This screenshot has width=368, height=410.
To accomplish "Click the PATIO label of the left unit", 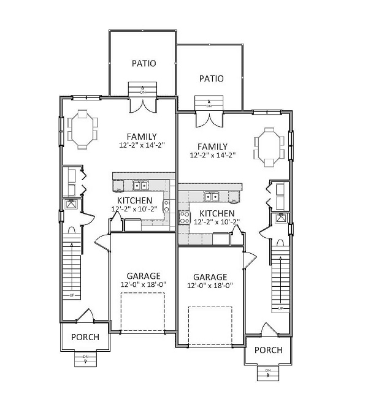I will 144,63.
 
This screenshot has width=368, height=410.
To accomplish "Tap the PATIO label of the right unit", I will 211,78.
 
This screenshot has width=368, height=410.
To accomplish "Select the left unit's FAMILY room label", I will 142,137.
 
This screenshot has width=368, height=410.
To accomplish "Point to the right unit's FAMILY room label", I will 212,146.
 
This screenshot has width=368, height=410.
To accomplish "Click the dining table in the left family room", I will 82,129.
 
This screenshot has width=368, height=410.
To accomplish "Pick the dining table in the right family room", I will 269,147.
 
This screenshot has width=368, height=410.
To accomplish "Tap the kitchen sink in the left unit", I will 141,186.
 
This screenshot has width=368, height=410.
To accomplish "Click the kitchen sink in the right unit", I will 212,197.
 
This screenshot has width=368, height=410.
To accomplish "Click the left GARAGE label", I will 144,276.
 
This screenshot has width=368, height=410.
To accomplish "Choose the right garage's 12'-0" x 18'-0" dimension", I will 210,286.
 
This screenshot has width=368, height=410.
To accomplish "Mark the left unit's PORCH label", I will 85,337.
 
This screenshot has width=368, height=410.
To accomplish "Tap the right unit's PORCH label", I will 268,350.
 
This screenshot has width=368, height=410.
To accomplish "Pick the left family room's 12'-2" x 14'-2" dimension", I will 142,146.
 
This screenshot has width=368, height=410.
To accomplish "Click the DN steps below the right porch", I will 268,371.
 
